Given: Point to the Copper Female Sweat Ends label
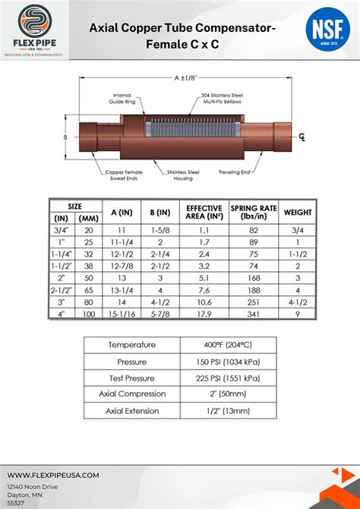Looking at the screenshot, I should coord(125,175).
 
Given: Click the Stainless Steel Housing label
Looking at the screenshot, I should coord(185,175).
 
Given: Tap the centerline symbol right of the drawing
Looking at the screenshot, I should coord(302,137).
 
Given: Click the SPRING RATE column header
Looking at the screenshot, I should coord(252,212).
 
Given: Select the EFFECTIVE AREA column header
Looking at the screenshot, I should coord(204,212).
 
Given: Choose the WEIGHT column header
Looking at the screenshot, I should coord(298,212).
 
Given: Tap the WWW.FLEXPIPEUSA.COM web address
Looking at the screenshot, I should coord(53,475).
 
